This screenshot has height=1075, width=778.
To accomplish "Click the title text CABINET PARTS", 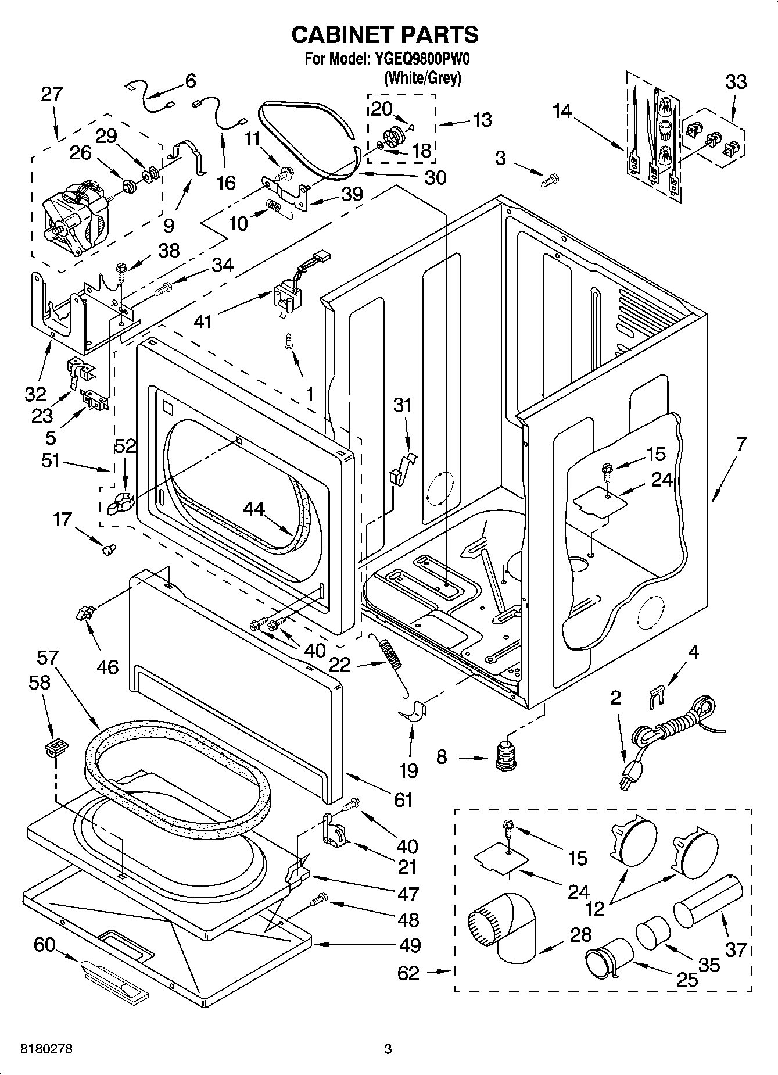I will point(385,35).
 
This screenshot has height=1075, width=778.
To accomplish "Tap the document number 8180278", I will point(46,1049).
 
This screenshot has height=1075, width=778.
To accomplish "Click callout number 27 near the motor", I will point(52,94).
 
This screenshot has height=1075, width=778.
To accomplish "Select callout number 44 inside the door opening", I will point(254,509).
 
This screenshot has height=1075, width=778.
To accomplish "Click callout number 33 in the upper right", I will point(736,82).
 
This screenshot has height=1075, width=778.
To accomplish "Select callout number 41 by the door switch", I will point(203,320).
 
